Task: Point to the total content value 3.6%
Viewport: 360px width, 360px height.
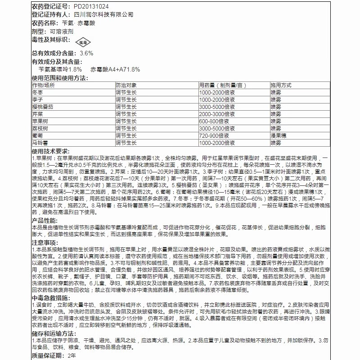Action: (86, 53)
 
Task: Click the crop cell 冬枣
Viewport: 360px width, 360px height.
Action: (38, 92)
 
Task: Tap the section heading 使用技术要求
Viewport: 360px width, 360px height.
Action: (50, 151)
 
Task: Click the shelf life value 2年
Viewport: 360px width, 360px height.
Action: (72, 356)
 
